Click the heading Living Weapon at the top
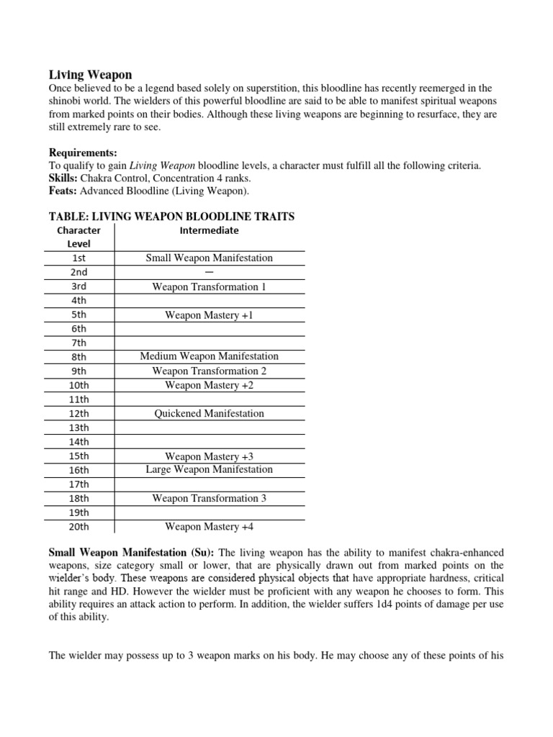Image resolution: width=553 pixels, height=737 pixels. pyautogui.click(x=90, y=75)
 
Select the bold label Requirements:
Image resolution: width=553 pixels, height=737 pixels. pyautogui.click(x=83, y=153)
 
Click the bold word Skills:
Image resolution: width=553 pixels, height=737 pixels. pyautogui.click(x=63, y=178)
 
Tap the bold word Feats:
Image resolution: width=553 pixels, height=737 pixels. pyautogui.click(x=63, y=191)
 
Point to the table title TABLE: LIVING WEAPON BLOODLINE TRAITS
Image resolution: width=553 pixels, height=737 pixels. pyautogui.click(x=171, y=217)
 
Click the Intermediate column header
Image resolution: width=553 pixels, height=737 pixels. pyautogui.click(x=210, y=231)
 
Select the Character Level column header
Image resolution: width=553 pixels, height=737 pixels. pyautogui.click(x=79, y=238)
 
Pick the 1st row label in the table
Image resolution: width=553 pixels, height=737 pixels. pyautogui.click(x=79, y=258)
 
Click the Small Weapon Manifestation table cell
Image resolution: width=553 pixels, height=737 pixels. pyautogui.click(x=210, y=258)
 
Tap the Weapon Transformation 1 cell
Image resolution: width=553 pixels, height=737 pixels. pyautogui.click(x=210, y=286)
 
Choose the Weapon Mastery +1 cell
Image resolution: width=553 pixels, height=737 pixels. pyautogui.click(x=210, y=315)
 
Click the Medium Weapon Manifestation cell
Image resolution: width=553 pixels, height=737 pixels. pyautogui.click(x=210, y=356)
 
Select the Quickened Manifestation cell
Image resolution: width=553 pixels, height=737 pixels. pyautogui.click(x=210, y=414)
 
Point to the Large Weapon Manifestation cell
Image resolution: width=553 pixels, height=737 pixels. pyautogui.click(x=210, y=469)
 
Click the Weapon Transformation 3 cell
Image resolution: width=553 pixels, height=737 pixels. pyautogui.click(x=210, y=498)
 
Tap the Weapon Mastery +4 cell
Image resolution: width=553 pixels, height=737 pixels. pyautogui.click(x=210, y=527)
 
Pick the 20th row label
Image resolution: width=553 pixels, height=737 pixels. pyautogui.click(x=79, y=527)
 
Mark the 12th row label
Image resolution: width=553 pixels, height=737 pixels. pyautogui.click(x=79, y=414)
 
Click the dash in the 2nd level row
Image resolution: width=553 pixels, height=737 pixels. pyautogui.click(x=210, y=272)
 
